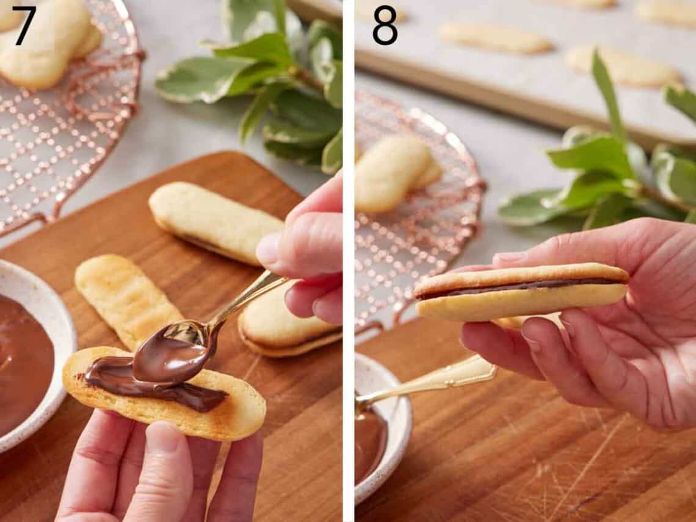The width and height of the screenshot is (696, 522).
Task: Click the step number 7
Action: pyautogui.click(x=24, y=24)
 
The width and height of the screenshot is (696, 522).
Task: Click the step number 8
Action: pyautogui.click(x=385, y=24)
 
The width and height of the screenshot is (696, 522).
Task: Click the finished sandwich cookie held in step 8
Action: pyautogui.click(x=522, y=293)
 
